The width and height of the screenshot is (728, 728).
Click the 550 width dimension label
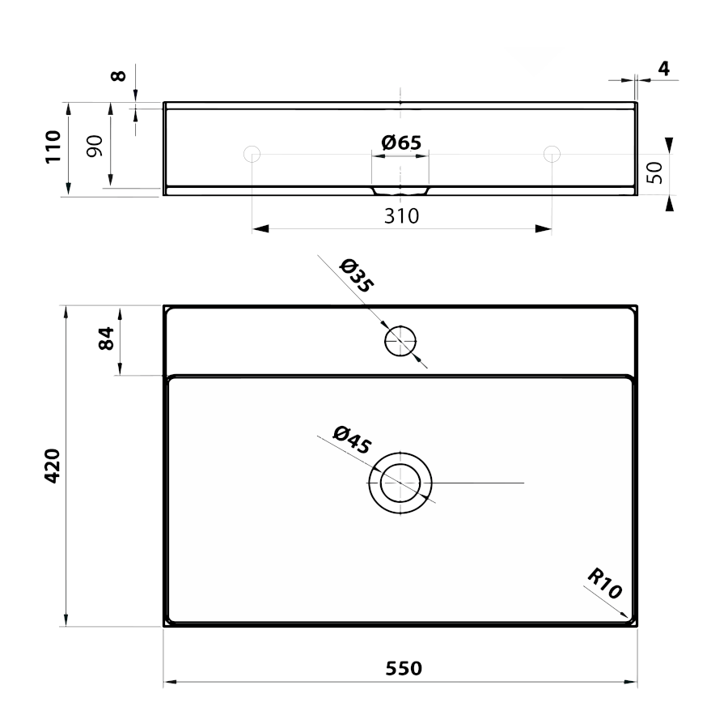[x=404, y=669]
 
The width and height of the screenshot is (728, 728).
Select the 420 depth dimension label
[x=53, y=466]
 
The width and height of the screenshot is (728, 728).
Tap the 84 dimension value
[x=106, y=338]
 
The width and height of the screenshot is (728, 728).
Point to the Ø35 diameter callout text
[x=357, y=276]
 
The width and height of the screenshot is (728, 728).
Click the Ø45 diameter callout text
[x=352, y=439]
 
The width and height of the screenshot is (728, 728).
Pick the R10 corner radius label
[x=604, y=584]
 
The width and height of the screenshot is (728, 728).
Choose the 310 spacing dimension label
[x=401, y=216]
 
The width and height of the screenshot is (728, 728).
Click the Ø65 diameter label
[x=401, y=143]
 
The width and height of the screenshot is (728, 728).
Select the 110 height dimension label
[x=53, y=147]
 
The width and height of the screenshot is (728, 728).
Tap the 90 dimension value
[x=95, y=146]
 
